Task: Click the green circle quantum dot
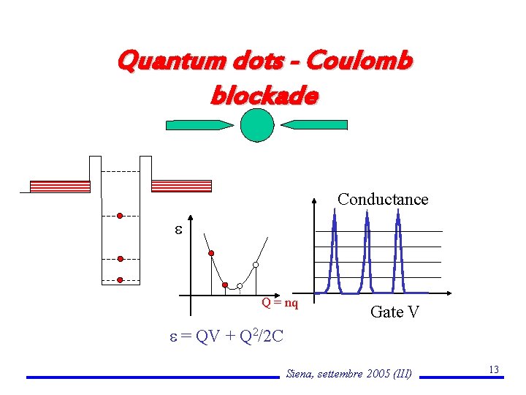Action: click(x=257, y=125)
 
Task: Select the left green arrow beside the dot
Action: click(x=199, y=125)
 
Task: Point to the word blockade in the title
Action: click(x=264, y=95)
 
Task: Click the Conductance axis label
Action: click(x=383, y=199)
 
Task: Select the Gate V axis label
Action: click(x=394, y=312)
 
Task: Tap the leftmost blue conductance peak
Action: click(x=334, y=252)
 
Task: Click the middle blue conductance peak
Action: click(x=366, y=252)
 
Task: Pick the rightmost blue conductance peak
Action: click(x=398, y=252)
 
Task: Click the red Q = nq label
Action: click(x=280, y=302)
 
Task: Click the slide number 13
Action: click(x=494, y=370)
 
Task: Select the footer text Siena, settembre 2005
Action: click(x=349, y=375)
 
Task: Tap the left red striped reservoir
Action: click(x=60, y=186)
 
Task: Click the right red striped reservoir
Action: click(x=181, y=186)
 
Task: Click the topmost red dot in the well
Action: click(x=120, y=216)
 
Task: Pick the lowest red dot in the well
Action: click(x=120, y=279)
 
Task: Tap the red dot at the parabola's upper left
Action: click(x=212, y=253)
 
